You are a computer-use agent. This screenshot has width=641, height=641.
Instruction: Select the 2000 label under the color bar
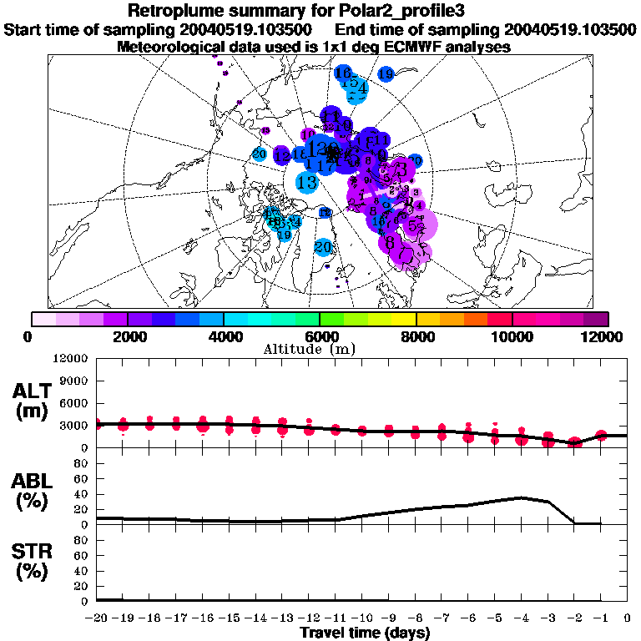pyautogui.click(x=127, y=336)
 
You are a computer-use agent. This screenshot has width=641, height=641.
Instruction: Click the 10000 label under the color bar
pyautogui.click(x=512, y=336)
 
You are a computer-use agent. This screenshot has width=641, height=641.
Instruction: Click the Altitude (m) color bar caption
pyautogui.click(x=320, y=349)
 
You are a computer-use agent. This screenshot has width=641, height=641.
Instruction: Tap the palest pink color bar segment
pyautogui.click(x=43, y=319)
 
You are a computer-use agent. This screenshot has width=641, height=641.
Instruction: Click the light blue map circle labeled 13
pyautogui.click(x=306, y=182)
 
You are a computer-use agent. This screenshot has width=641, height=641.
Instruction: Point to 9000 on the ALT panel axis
pyautogui.click(x=73, y=381)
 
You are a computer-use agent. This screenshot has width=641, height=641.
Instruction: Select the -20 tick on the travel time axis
pyautogui.click(x=96, y=618)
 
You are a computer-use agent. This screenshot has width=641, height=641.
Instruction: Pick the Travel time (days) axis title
pyautogui.click(x=365, y=633)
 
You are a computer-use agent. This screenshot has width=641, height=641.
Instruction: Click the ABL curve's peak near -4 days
pyautogui.click(x=521, y=497)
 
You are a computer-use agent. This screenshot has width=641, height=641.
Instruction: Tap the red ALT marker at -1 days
pyautogui.click(x=601, y=435)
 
